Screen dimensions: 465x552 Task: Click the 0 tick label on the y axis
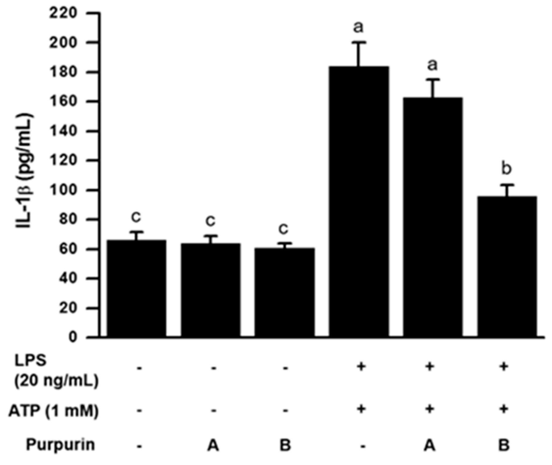(x=73, y=337)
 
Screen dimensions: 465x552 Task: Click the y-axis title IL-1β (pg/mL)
(x=25, y=171)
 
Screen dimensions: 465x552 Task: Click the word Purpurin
(x=60, y=445)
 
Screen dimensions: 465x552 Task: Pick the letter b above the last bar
(x=506, y=168)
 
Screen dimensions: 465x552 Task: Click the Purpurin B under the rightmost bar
(x=504, y=445)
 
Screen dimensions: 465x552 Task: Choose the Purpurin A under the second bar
(x=213, y=445)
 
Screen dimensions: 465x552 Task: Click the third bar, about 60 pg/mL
(x=284, y=292)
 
